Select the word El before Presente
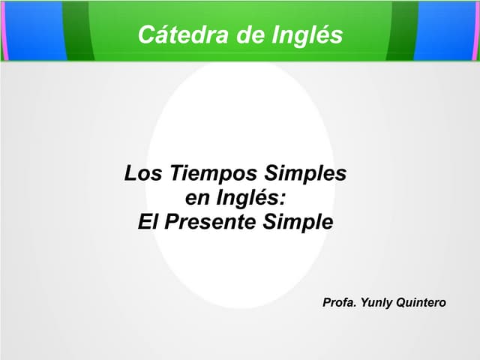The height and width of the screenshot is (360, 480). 149,222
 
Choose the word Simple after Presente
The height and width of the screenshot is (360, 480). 299,222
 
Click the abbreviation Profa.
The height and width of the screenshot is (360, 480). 339,302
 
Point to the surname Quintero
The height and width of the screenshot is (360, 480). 421,302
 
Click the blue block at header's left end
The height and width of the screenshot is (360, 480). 33,30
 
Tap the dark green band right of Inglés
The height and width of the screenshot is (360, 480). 403,30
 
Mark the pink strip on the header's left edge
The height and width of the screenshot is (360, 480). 2,30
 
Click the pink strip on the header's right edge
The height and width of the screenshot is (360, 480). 477,30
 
